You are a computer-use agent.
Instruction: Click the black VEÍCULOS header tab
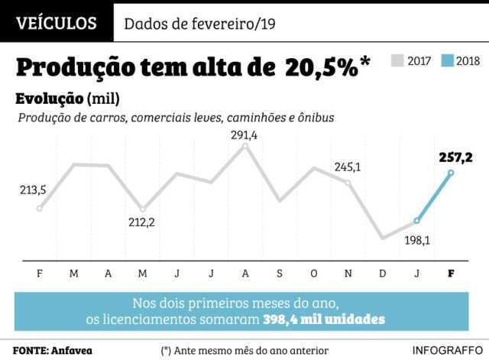(57, 23)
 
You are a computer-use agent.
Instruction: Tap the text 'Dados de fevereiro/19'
(199, 24)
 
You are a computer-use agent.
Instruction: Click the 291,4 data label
(244, 135)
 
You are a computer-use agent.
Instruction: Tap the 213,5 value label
(33, 190)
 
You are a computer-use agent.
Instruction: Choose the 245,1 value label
(348, 167)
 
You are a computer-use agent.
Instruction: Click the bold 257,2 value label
(456, 157)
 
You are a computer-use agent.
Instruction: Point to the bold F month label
(450, 273)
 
